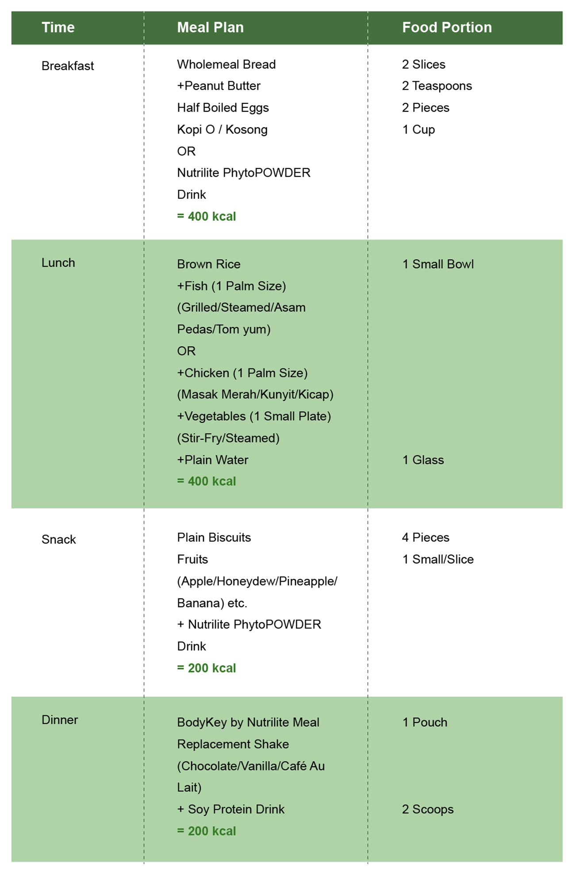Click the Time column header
58,27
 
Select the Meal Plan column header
210,27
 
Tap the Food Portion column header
447,27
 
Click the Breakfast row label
68,66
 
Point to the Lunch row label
58,262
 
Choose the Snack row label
59,539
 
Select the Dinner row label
60,720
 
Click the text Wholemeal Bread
226,65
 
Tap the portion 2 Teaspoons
437,86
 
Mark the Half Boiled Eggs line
223,108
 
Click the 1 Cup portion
418,130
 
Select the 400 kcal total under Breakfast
207,217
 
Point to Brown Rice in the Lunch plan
209,264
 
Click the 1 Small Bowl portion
438,264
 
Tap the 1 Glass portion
423,460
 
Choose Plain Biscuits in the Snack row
214,537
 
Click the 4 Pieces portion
425,537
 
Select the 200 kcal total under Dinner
207,831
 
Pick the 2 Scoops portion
428,810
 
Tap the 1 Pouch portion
425,722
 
